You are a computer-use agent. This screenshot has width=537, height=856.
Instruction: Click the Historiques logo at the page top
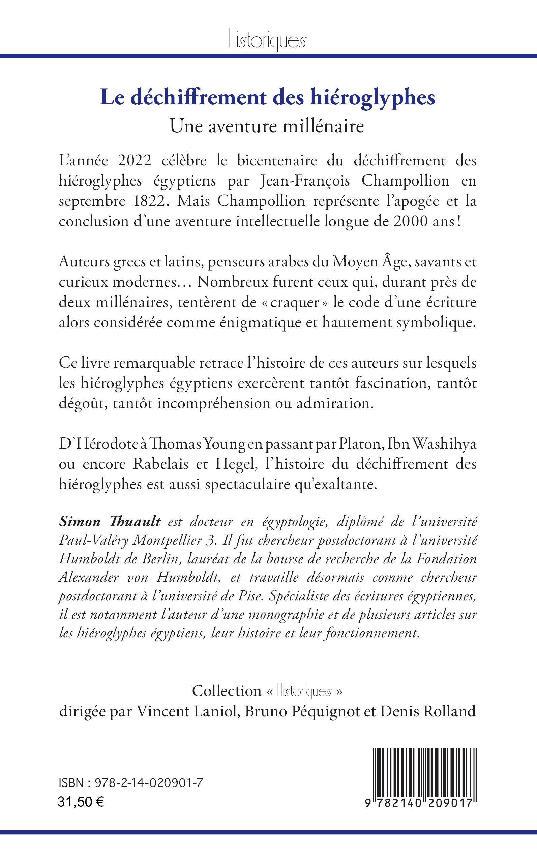[x=267, y=40]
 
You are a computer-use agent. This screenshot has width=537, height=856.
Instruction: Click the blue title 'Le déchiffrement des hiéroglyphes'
[x=267, y=97]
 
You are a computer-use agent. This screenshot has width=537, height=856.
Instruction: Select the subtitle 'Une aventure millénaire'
[x=267, y=126]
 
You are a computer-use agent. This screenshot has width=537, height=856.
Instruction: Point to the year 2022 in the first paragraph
[x=135, y=161]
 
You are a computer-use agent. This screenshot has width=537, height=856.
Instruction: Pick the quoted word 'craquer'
[x=295, y=303]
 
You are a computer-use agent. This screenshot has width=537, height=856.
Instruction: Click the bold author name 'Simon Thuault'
[x=110, y=522]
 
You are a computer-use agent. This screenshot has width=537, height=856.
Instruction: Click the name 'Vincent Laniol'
[x=186, y=711]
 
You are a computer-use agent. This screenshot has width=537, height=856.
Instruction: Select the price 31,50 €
[x=81, y=802]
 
